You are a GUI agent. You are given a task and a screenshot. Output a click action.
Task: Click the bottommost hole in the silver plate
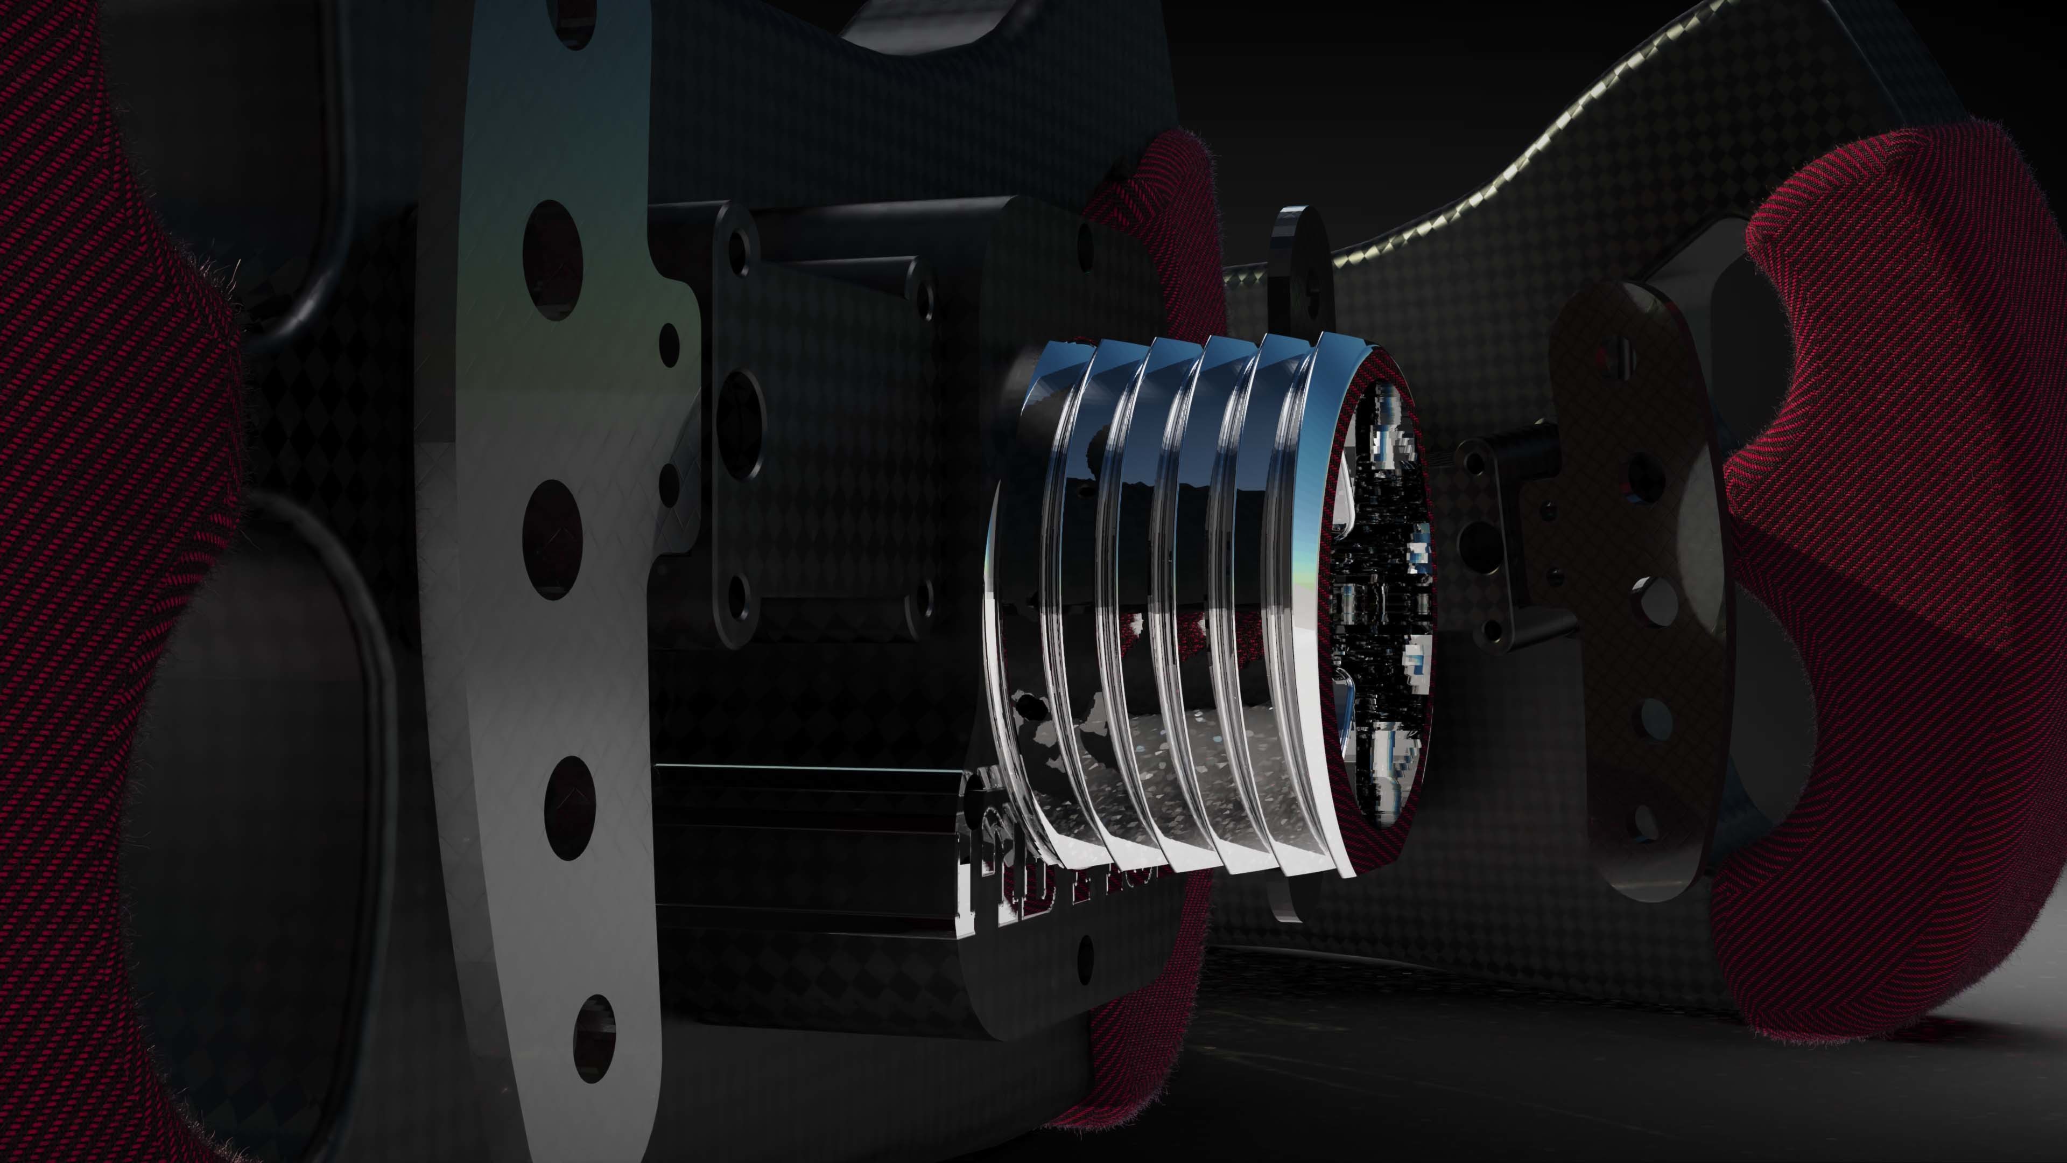coord(595,1039)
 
